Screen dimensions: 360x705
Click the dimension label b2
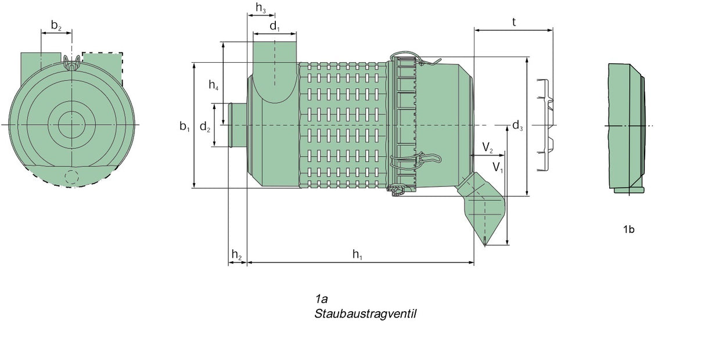click(56, 25)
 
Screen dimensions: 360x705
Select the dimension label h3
click(261, 8)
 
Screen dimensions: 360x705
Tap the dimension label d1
click(275, 26)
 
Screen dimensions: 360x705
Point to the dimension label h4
click(214, 86)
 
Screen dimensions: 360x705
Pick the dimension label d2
click(205, 127)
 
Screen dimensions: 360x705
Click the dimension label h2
click(237, 254)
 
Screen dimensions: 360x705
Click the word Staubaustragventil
click(366, 314)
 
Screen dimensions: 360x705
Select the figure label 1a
click(322, 299)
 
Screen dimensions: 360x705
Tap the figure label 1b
click(628, 229)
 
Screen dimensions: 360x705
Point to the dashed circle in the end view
click(71, 178)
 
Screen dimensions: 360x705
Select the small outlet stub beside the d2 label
click(238, 125)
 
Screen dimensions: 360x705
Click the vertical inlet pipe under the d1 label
click(275, 64)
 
